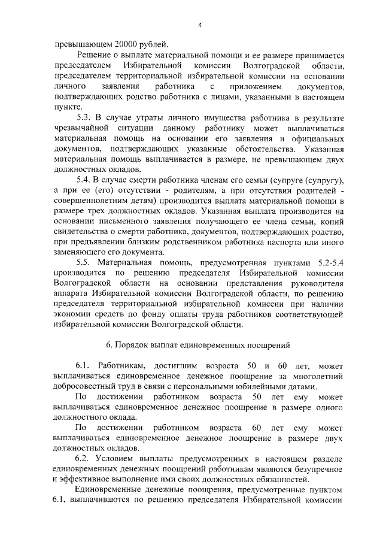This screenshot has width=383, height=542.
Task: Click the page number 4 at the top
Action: coord(200,25)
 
